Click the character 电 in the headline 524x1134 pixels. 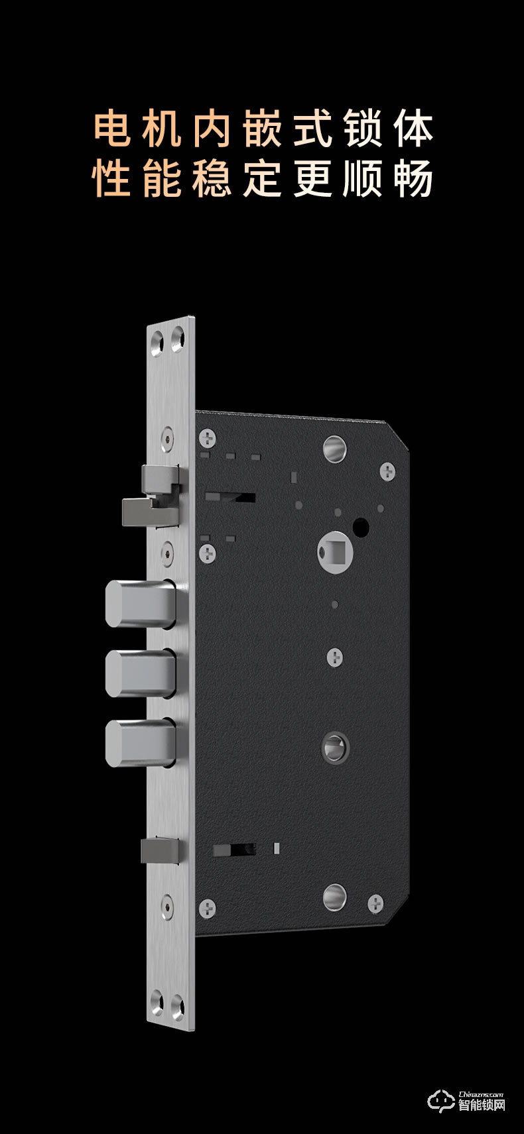pyautogui.click(x=112, y=129)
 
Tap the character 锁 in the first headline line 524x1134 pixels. pyautogui.click(x=363, y=129)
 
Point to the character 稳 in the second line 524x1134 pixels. pyautogui.click(x=212, y=178)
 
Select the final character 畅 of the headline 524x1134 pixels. pyautogui.click(x=413, y=178)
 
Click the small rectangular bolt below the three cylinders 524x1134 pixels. pyautogui.click(x=160, y=850)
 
